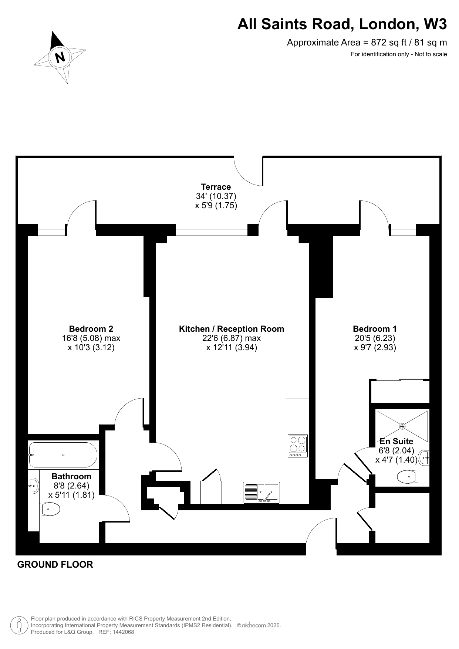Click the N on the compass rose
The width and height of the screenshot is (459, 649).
pyautogui.click(x=60, y=57)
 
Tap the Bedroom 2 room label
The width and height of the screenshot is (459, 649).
pyautogui.click(x=91, y=329)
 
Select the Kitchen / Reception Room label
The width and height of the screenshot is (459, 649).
pyautogui.click(x=232, y=329)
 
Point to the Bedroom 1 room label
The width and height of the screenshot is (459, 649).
pyautogui.click(x=375, y=329)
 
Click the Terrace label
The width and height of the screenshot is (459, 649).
pyautogui.click(x=216, y=187)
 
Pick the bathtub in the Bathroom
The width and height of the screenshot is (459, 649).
pyautogui.click(x=63, y=455)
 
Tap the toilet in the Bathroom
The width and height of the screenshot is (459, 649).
pyautogui.click(x=51, y=510)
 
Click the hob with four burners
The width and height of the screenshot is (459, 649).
pyautogui.click(x=298, y=446)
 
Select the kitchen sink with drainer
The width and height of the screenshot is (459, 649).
pyautogui.click(x=261, y=493)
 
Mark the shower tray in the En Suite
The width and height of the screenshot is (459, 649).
pyautogui.click(x=402, y=426)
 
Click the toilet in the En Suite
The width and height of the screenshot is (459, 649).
pyautogui.click(x=408, y=477)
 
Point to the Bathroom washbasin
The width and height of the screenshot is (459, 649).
pyautogui.click(x=33, y=485)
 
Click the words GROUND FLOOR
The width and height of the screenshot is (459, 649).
pyautogui.click(x=55, y=565)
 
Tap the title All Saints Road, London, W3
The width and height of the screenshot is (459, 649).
pyautogui.click(x=342, y=24)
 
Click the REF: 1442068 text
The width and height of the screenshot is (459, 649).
pyautogui.click(x=116, y=632)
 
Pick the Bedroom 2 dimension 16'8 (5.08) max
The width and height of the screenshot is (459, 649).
pyautogui.click(x=91, y=338)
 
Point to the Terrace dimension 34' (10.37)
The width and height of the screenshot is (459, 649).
pyautogui.click(x=216, y=196)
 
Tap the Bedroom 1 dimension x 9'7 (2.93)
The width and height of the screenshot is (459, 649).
pyautogui.click(x=375, y=348)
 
